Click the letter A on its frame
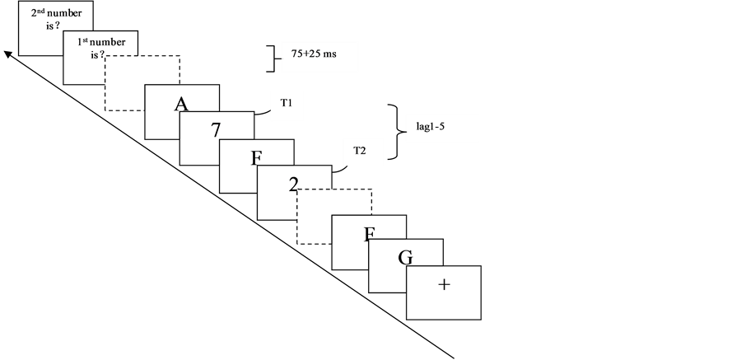coord(182,104)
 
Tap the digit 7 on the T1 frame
coord(216,129)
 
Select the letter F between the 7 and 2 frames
coord(256,158)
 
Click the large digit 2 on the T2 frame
coord(293,184)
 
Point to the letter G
coord(405,258)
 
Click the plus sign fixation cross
coord(444,285)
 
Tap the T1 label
coord(287,104)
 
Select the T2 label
coord(360,151)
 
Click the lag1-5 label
coord(431,127)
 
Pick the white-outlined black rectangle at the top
coord(319,56)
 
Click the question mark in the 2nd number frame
coord(59,26)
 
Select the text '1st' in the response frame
coord(83,42)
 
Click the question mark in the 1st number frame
coord(103,55)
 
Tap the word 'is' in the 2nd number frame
coord(50,26)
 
